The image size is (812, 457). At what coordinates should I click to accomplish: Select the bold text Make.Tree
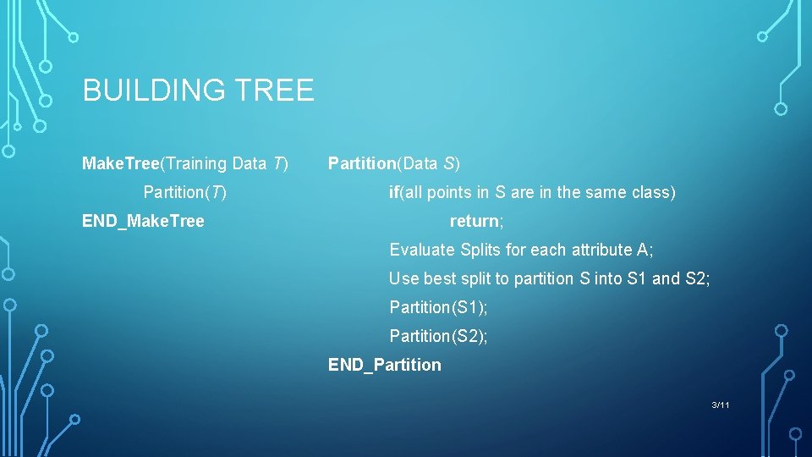pyautogui.click(x=120, y=163)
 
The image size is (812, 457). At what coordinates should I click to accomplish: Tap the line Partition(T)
pyautogui.click(x=184, y=192)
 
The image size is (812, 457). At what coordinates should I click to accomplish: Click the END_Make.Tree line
pyautogui.click(x=143, y=221)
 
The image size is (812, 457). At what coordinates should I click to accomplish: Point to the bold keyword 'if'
pyautogui.click(x=394, y=192)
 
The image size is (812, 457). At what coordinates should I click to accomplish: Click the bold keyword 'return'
pyautogui.click(x=475, y=221)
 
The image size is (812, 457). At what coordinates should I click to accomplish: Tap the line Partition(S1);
pyautogui.click(x=438, y=307)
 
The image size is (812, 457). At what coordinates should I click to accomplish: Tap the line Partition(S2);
pyautogui.click(x=438, y=336)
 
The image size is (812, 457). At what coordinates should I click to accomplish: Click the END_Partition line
pyautogui.click(x=384, y=365)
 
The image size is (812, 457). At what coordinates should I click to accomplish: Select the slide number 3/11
pyautogui.click(x=721, y=405)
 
